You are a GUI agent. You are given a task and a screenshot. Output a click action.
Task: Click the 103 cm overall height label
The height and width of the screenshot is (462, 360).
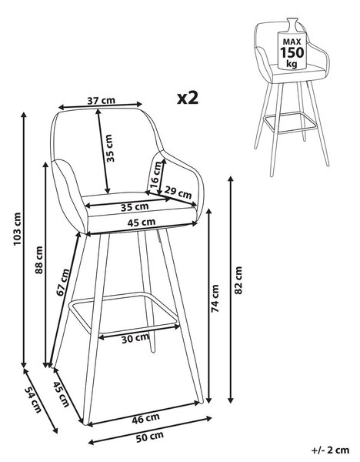click(18, 229)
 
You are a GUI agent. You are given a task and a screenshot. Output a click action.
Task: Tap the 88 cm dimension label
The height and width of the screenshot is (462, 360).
click(39, 260)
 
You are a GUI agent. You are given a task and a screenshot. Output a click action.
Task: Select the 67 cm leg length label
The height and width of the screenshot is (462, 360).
click(63, 282)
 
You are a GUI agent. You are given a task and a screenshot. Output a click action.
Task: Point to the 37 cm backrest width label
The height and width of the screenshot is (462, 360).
click(102, 100)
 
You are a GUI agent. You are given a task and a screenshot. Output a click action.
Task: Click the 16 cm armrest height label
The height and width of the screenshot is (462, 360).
click(156, 175)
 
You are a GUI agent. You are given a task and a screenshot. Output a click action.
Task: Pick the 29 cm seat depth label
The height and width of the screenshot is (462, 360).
click(178, 192)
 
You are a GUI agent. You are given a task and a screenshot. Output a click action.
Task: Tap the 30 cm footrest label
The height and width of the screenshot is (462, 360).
click(135, 339)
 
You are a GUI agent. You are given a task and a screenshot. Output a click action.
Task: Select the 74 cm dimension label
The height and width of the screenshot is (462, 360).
click(215, 298)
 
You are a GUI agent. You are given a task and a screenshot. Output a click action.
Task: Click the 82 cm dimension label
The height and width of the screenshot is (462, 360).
click(238, 280)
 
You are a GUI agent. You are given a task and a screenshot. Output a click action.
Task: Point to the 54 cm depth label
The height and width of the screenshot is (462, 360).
click(33, 399)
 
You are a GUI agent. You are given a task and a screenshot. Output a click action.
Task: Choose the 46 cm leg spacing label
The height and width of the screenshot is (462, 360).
click(145, 418)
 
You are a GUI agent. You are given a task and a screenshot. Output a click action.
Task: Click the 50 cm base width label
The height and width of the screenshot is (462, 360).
click(150, 437)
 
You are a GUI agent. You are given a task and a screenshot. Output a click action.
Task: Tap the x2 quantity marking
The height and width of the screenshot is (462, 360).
click(188, 99)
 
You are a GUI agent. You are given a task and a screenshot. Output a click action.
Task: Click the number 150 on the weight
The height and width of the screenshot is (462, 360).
click(292, 52)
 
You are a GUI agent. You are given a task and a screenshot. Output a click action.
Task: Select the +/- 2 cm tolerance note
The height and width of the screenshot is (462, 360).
click(330, 450)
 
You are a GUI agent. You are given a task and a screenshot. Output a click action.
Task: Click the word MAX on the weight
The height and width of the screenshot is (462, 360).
click(292, 42)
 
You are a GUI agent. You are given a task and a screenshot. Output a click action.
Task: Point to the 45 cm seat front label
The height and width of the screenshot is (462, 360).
click(142, 223)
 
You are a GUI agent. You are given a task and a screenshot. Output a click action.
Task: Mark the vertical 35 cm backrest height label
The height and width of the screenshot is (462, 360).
click(109, 148)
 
